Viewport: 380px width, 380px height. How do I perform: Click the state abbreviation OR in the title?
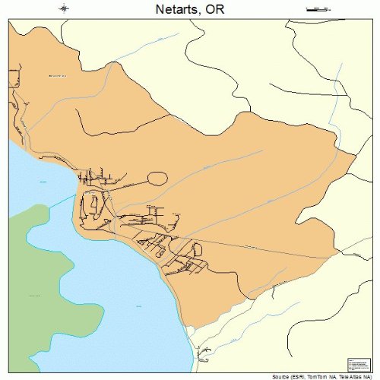tap(216, 9)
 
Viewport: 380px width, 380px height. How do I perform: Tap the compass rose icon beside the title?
tap(65, 8)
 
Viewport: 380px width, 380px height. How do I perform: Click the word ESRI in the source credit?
tap(293, 376)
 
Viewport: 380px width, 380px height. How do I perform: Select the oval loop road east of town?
tap(157, 179)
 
